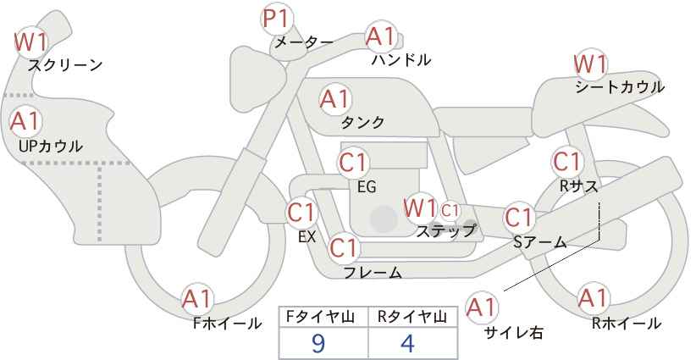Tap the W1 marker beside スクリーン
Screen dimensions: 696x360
coord(30,42)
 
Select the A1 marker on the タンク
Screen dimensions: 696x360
coord(335,99)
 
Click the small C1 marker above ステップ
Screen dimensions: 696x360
coord(450,210)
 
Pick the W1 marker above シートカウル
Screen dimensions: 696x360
coord(590,65)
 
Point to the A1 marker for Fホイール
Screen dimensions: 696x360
coord(197,300)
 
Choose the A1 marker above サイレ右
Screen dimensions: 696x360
coord(482,307)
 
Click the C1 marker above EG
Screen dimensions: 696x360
coord(353,163)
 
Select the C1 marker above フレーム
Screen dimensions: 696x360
coord(344,247)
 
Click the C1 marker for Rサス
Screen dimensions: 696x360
coord(567,162)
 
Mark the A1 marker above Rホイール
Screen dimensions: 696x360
coord(592,299)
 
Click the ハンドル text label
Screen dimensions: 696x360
coord(400,60)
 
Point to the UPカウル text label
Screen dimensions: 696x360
coord(50,147)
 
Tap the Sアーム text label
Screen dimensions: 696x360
coord(539,242)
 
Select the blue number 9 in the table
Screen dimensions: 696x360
coord(318,343)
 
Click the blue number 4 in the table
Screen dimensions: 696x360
coord(407,343)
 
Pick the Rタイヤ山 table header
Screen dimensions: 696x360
coord(412,317)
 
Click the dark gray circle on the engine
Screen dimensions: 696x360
coord(384,219)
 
